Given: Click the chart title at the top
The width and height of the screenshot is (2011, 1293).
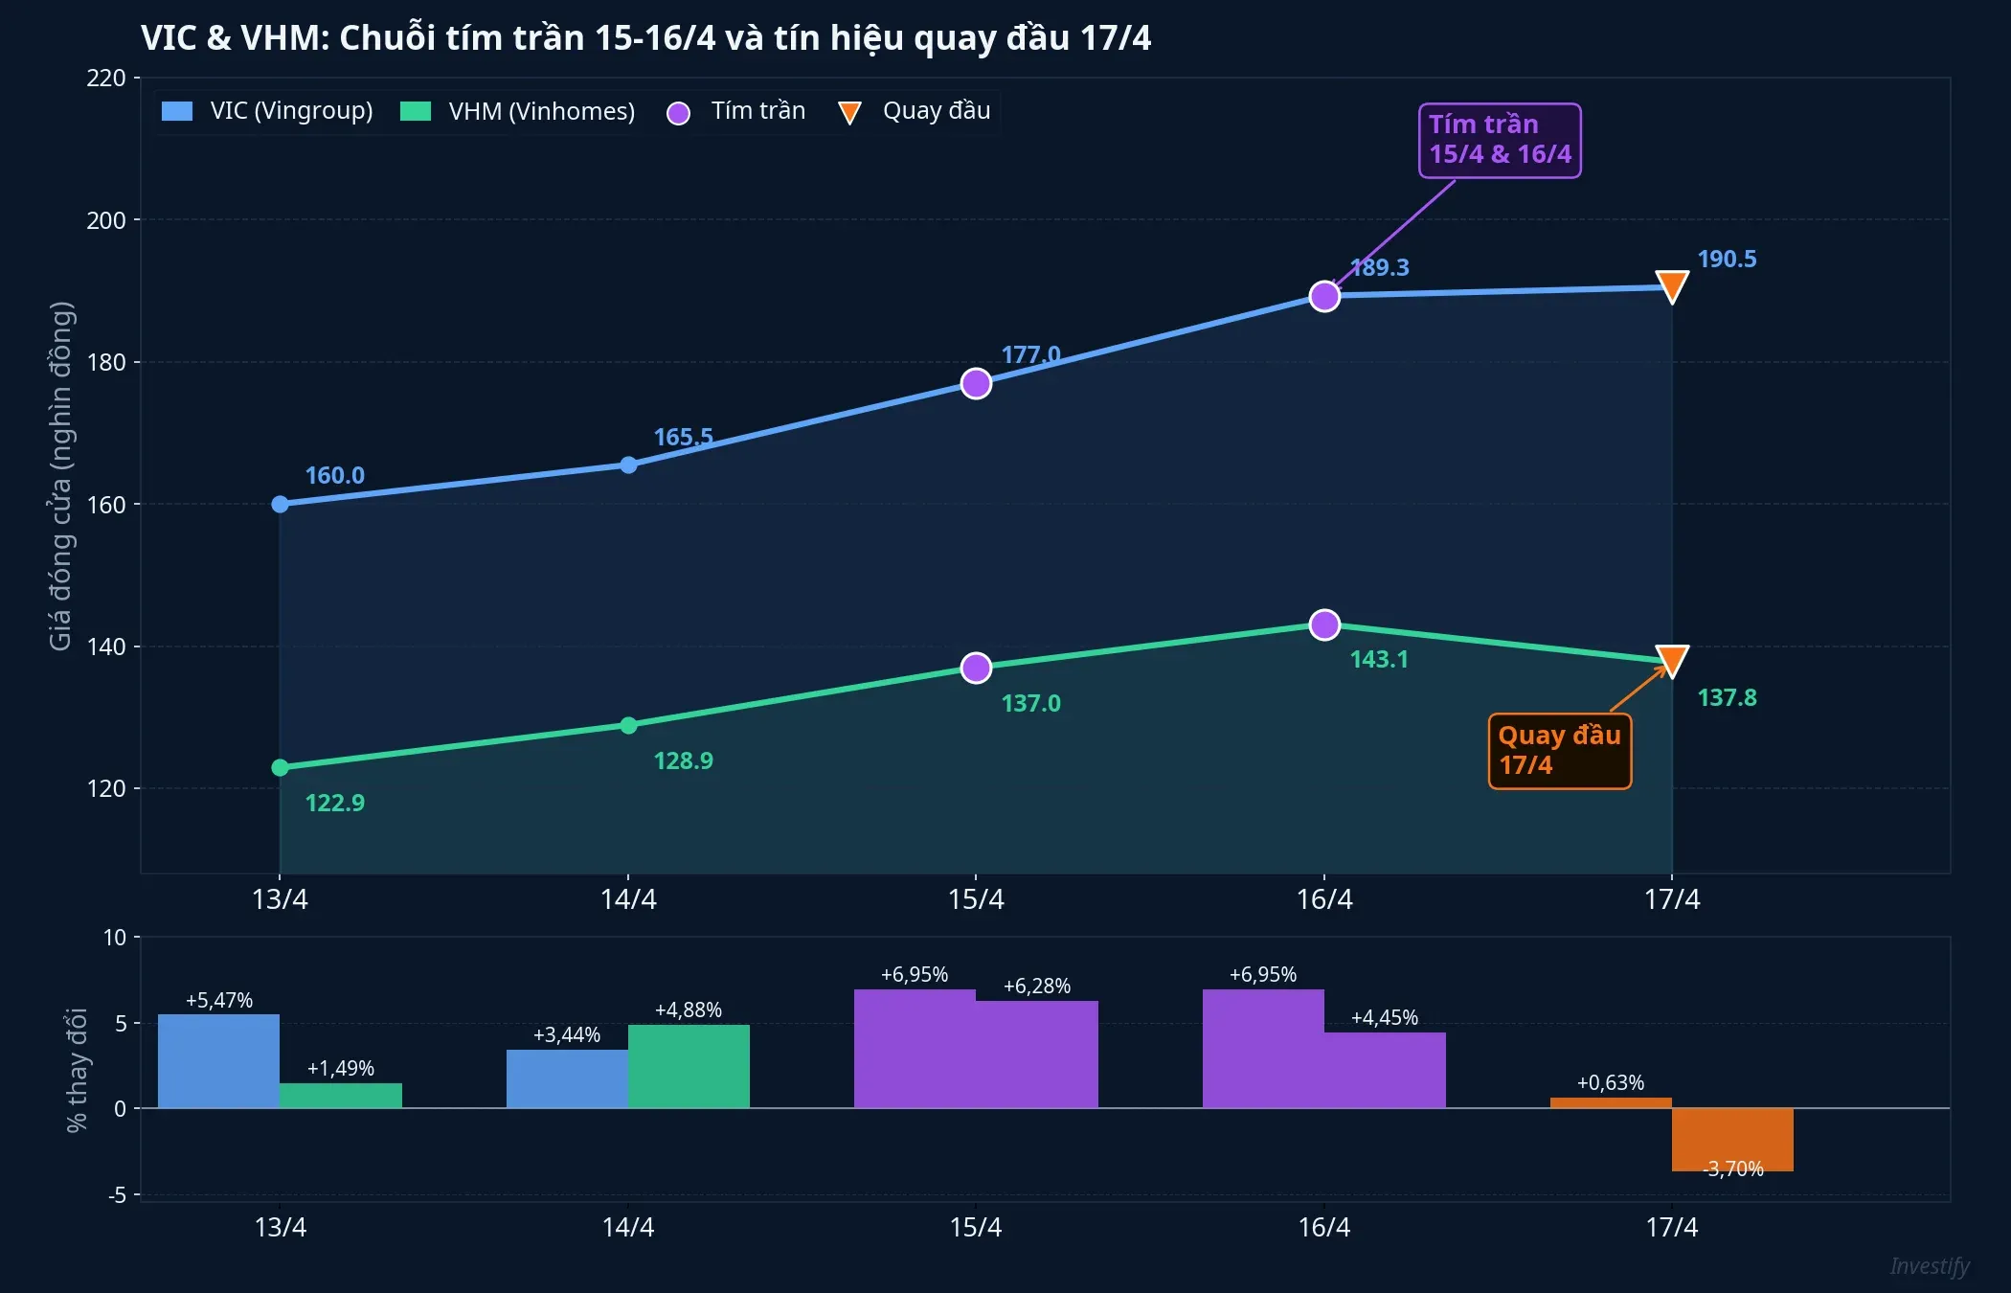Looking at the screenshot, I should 645,38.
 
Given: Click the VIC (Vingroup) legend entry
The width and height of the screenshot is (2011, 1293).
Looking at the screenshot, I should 268,111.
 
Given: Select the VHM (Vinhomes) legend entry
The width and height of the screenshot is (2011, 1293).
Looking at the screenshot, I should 517,111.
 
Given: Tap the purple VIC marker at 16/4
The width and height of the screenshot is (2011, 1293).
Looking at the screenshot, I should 1324,296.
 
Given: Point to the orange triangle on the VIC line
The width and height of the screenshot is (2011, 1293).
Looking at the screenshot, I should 1672,285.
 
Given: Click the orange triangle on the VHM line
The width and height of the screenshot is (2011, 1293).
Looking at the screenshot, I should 1672,660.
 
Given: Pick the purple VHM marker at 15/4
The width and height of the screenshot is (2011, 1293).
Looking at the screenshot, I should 976,668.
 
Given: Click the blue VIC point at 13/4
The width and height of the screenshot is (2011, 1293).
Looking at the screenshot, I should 280,504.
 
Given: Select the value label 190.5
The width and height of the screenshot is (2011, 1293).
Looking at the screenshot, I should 1727,260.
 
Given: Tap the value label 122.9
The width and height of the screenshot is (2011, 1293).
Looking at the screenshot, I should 334,803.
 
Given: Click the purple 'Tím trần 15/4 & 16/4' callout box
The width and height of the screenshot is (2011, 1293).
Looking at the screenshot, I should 1500,140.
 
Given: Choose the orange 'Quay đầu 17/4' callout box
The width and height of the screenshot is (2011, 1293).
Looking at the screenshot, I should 1559,750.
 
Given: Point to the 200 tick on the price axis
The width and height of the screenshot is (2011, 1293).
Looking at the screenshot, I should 106,220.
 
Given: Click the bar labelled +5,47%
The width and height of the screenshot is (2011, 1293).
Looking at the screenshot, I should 218,1060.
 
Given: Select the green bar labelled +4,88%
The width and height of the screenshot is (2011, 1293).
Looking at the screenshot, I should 689,1066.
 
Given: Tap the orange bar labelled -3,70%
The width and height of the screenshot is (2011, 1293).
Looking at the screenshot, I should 1732,1139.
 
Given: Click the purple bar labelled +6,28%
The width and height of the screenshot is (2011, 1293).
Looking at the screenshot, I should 1037,1054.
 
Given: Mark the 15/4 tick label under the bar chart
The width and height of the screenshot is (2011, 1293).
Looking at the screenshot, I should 975,1227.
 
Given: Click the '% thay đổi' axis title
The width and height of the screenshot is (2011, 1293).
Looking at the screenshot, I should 77,1069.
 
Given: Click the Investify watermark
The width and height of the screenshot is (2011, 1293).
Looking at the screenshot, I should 1929,1266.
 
